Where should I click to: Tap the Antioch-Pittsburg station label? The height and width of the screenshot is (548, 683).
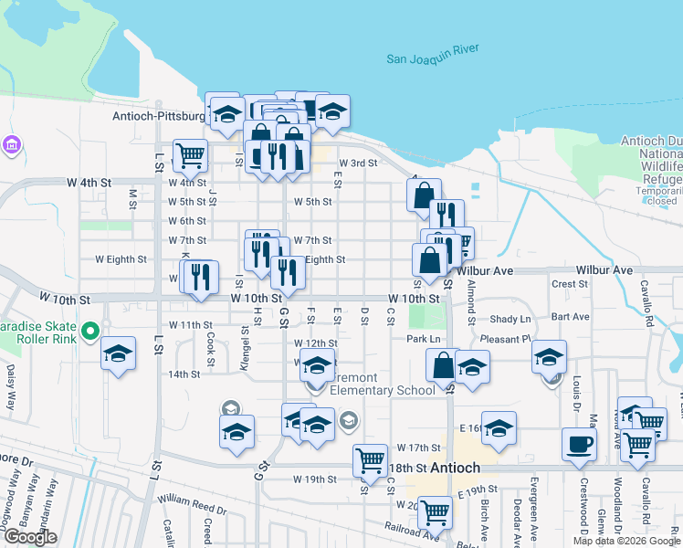[x=159, y=117]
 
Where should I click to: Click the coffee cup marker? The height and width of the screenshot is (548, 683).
[x=579, y=445]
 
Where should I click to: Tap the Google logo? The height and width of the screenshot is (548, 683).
[x=30, y=537]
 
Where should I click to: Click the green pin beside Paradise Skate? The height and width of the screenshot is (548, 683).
[x=89, y=330]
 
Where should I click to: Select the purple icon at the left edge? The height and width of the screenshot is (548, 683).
[x=11, y=144]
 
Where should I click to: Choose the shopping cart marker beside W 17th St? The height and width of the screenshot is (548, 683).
[x=370, y=460]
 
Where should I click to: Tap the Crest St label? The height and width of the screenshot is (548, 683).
[x=569, y=284]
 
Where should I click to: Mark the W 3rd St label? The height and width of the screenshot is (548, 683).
[x=358, y=163]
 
